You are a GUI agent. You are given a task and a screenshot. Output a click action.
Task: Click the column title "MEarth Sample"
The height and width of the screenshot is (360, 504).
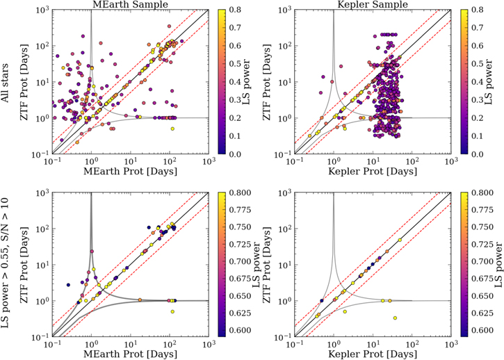pos(131,4)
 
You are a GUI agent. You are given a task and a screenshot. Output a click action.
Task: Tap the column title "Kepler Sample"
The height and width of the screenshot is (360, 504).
pos(373,4)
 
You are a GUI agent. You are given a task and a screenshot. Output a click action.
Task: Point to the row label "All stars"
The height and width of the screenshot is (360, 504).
pos(5,83)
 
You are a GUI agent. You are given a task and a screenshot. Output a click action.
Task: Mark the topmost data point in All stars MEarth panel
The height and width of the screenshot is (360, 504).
pos(170,26)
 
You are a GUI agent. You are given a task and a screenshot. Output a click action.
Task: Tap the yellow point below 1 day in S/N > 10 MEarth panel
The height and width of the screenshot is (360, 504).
pos(172,311)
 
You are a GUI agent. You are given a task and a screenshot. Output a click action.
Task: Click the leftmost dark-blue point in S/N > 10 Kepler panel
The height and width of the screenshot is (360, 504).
pos(322,300)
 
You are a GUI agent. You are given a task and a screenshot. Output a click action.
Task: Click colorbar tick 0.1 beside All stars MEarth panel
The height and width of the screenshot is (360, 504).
pos(236,136)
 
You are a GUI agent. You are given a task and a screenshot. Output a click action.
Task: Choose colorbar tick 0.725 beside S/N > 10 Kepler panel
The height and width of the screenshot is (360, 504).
pos(481,245)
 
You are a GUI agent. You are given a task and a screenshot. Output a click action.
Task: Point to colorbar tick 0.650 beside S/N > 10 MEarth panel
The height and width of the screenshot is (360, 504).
pos(238,296)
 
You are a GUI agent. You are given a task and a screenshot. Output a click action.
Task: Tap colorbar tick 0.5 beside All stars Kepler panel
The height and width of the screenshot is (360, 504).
pos(479,64)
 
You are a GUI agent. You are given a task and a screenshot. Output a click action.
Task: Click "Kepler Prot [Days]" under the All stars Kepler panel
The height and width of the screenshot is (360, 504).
pos(373,172)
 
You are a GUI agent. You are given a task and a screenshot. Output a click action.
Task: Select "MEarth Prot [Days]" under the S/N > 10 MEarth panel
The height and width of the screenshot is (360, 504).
pos(131,354)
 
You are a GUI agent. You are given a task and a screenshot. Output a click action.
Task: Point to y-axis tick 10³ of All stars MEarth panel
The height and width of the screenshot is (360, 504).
pos(42,10)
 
